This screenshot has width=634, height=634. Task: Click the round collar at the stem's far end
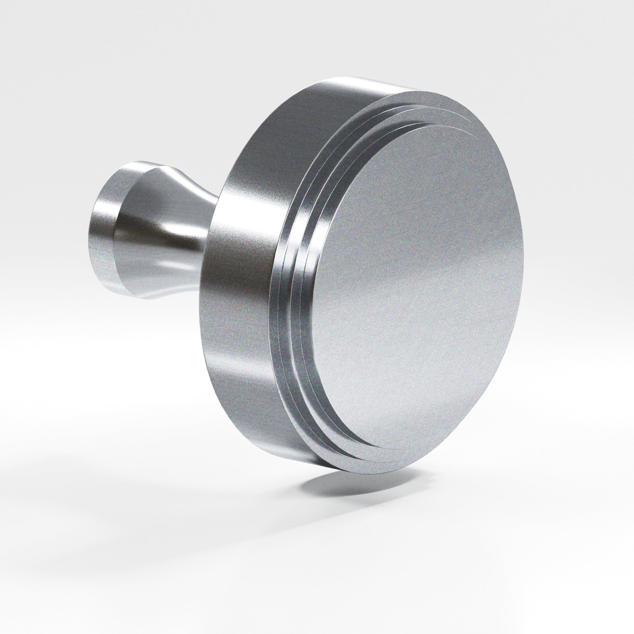pos(102,230)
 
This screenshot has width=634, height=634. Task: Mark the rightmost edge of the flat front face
pos(523,256)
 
